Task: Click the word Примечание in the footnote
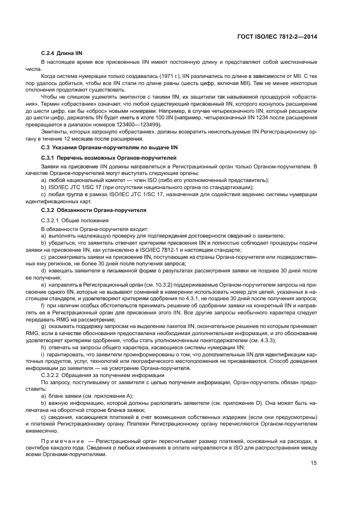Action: point(61,441)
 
